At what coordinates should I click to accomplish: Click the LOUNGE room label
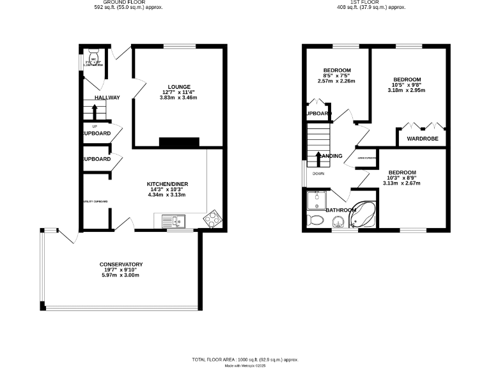[179, 86]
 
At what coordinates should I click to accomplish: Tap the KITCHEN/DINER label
[167, 184]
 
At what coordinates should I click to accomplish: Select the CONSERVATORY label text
[120, 264]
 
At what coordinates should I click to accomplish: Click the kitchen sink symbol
[173, 222]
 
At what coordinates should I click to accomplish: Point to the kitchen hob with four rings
[212, 220]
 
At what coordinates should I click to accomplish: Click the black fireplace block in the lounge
[179, 142]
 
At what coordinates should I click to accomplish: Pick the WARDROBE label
[421, 137]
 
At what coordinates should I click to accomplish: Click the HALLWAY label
[107, 98]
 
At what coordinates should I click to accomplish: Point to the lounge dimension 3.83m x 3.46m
[179, 97]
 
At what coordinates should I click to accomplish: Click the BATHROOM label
[341, 210]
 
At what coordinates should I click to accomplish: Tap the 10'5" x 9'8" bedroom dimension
[406, 85]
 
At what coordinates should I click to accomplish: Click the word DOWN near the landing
[318, 173]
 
